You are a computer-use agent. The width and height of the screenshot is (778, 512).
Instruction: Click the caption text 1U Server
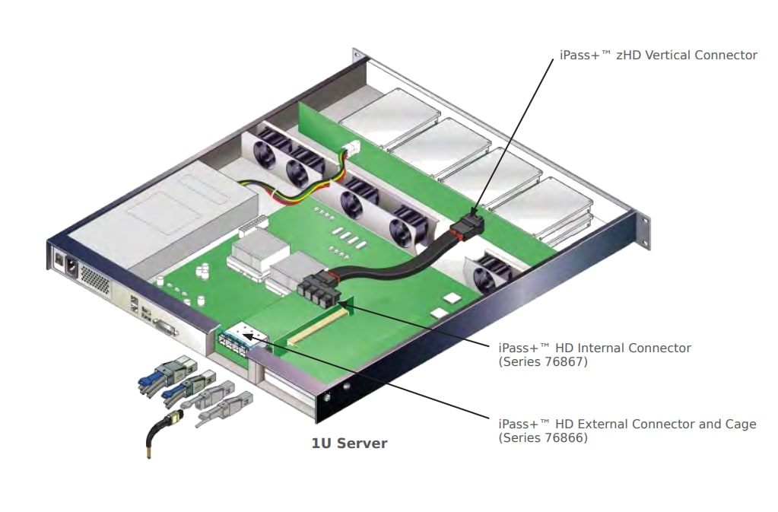coord(349,444)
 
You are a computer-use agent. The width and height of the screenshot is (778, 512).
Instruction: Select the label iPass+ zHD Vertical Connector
coord(658,55)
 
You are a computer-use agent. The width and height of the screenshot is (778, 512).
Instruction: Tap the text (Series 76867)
coord(543,362)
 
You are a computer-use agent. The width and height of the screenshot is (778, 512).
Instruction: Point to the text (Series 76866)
coord(543,438)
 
